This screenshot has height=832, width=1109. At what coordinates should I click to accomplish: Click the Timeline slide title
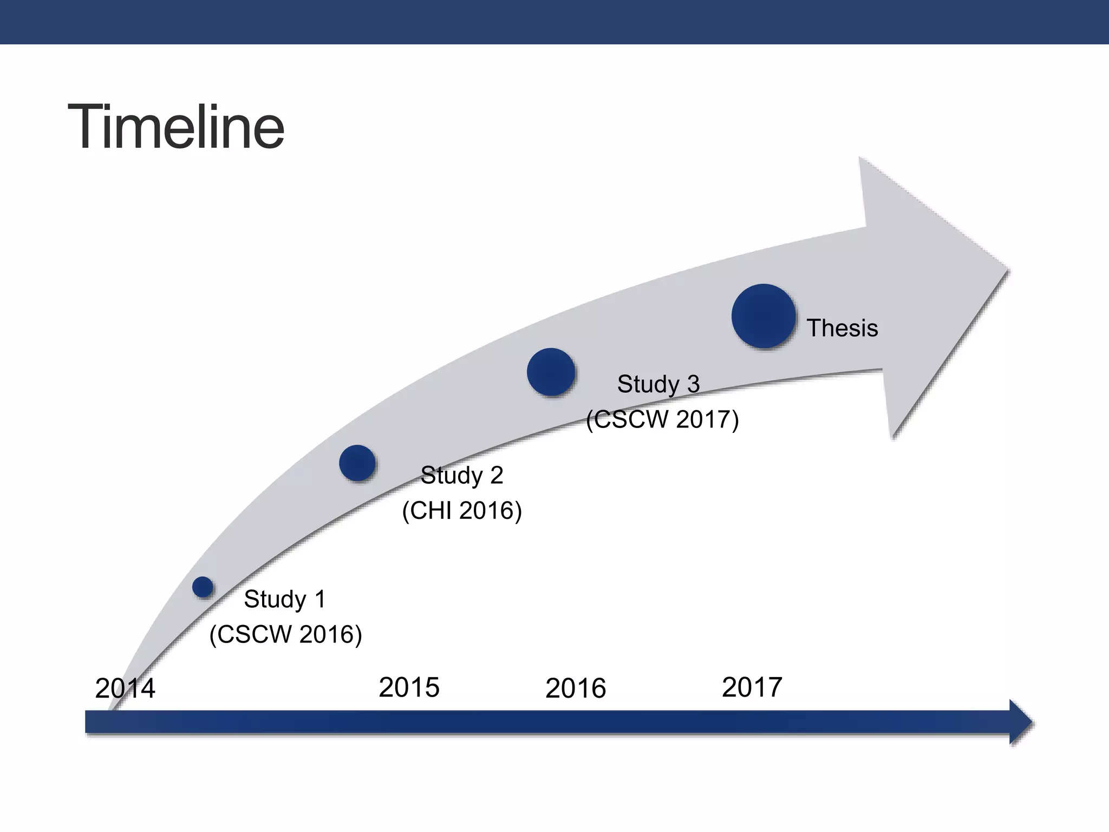pyautogui.click(x=176, y=128)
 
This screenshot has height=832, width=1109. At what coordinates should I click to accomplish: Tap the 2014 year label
pyautogui.click(x=125, y=688)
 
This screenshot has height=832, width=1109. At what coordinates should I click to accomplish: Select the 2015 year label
pyautogui.click(x=409, y=687)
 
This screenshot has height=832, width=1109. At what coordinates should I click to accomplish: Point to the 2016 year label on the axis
pyautogui.click(x=575, y=688)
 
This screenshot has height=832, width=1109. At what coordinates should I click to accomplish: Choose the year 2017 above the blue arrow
pyautogui.click(x=752, y=687)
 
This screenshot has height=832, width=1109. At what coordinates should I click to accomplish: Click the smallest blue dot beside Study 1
pyautogui.click(x=203, y=587)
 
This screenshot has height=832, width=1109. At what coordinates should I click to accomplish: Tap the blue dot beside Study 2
pyautogui.click(x=357, y=463)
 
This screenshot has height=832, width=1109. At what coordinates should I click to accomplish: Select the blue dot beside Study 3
pyautogui.click(x=551, y=372)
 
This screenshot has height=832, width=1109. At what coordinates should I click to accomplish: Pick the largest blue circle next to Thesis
pyautogui.click(x=764, y=316)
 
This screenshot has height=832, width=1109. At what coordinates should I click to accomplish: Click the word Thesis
pyautogui.click(x=842, y=328)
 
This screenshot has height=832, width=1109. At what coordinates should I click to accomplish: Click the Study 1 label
pyautogui.click(x=285, y=599)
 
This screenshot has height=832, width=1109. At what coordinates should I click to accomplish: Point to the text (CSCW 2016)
pyautogui.click(x=285, y=634)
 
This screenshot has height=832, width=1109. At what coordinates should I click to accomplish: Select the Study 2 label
pyautogui.click(x=462, y=476)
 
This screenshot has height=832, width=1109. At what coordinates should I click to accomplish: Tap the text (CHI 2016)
pyautogui.click(x=462, y=511)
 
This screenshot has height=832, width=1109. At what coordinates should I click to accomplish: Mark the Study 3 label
pyautogui.click(x=658, y=384)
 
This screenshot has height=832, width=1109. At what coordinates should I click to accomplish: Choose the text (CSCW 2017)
pyautogui.click(x=662, y=419)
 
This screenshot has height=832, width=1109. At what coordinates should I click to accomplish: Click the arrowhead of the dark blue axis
pyautogui.click(x=1021, y=723)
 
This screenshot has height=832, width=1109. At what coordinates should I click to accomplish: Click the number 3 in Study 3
pyautogui.click(x=693, y=384)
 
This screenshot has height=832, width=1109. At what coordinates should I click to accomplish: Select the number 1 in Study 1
pyautogui.click(x=320, y=599)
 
